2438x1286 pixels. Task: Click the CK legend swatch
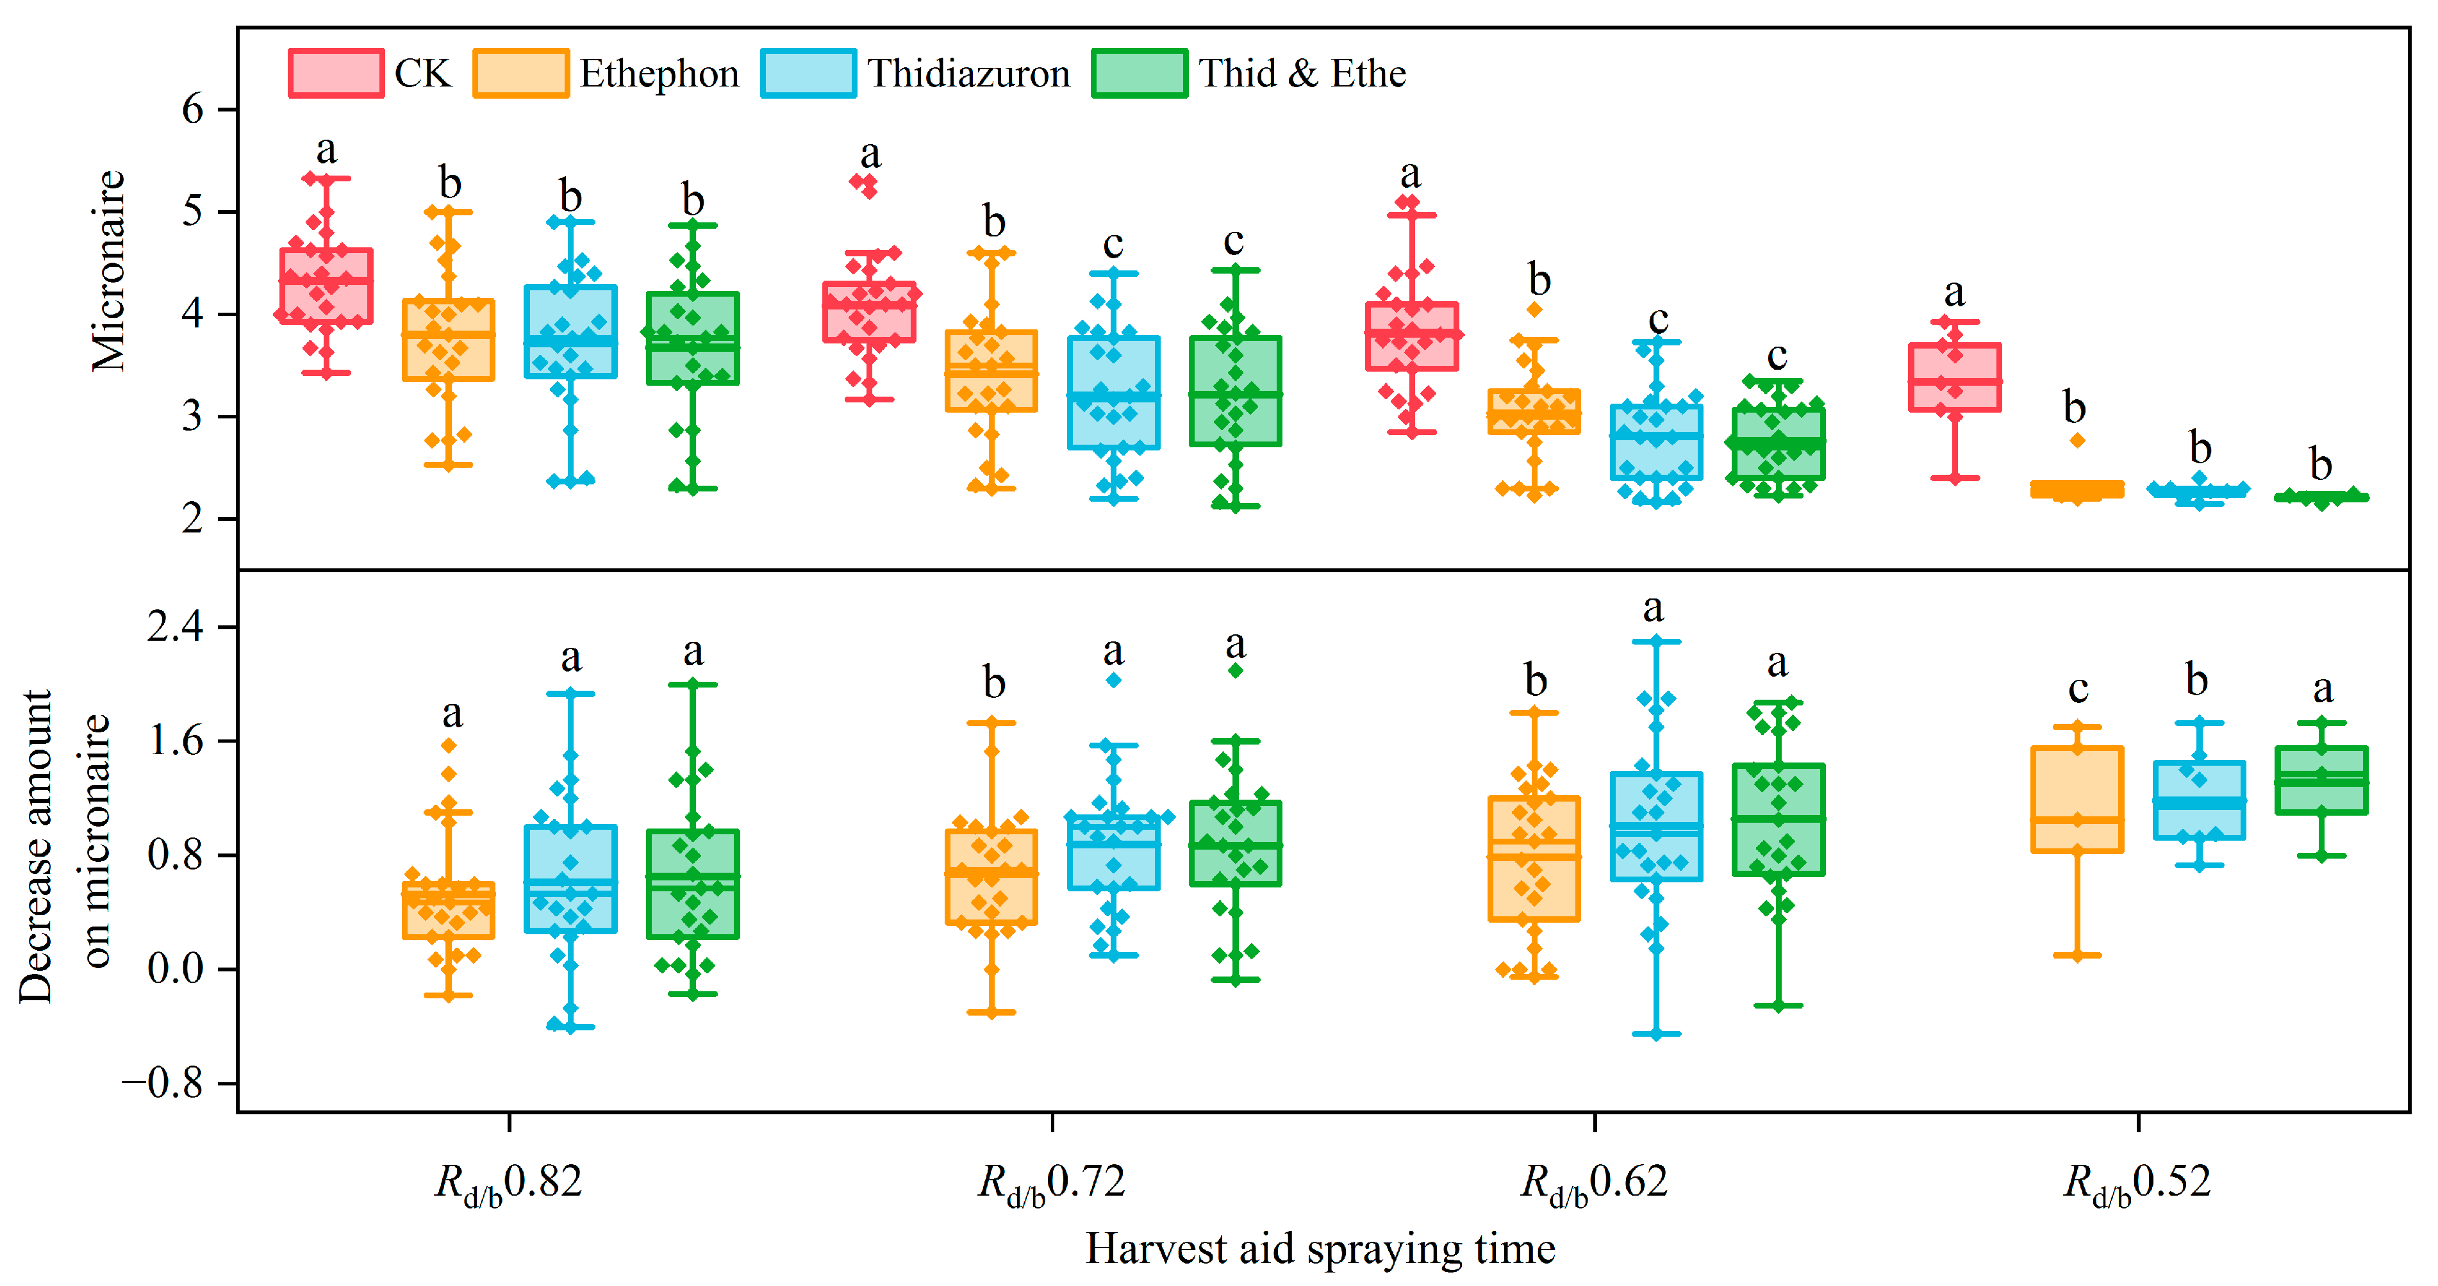(x=336, y=74)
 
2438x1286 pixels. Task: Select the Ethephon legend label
(x=659, y=74)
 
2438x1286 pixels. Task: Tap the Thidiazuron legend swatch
(x=808, y=74)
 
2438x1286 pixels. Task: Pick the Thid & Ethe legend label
(x=1302, y=74)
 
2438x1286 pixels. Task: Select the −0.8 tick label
(x=163, y=1082)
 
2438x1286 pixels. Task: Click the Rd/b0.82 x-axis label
(x=508, y=1183)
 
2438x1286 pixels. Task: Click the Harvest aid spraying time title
(x=1320, y=1249)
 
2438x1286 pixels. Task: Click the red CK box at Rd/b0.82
(x=326, y=286)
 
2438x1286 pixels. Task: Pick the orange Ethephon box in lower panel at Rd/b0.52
(x=2077, y=800)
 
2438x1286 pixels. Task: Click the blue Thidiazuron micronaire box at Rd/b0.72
(x=1114, y=393)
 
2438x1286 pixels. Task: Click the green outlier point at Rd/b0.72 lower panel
(x=1235, y=670)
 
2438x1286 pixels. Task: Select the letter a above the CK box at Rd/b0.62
(x=1410, y=174)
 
